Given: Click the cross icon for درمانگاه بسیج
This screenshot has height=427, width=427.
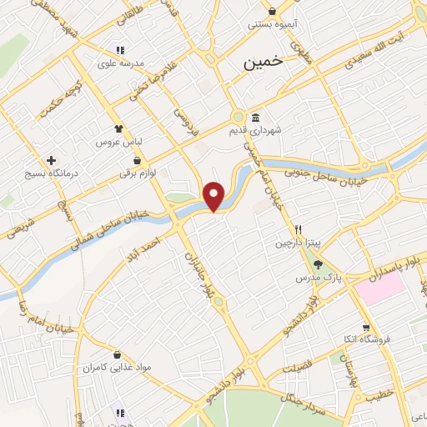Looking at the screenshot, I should pos(52,159).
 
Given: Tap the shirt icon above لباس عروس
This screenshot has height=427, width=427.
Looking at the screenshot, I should pos(119,129).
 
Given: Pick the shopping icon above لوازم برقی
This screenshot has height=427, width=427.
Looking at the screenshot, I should pos(137,159).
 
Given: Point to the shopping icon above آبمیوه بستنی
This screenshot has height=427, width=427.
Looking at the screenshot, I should pos(273,11).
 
